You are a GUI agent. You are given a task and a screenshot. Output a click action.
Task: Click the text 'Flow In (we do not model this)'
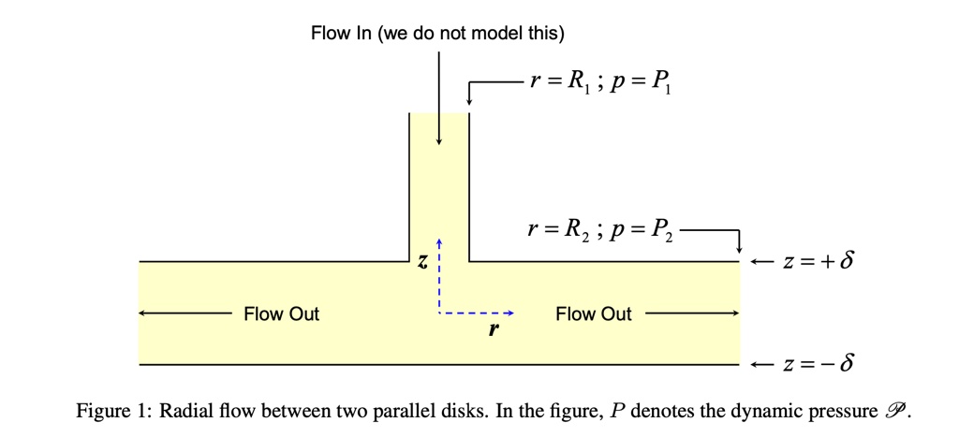[437, 35]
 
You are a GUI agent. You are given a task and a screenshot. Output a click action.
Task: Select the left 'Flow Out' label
[281, 314]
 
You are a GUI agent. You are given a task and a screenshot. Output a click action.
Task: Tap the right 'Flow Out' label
[593, 314]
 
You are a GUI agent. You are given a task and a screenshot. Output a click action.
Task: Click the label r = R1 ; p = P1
[599, 82]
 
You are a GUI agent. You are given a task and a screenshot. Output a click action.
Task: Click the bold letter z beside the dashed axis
[422, 265]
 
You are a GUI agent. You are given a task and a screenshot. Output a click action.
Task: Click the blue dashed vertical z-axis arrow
[437, 276]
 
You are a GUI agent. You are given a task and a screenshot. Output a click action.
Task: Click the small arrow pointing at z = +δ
[761, 261]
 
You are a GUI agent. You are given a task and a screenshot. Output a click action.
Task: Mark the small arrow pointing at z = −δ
[761, 363]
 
